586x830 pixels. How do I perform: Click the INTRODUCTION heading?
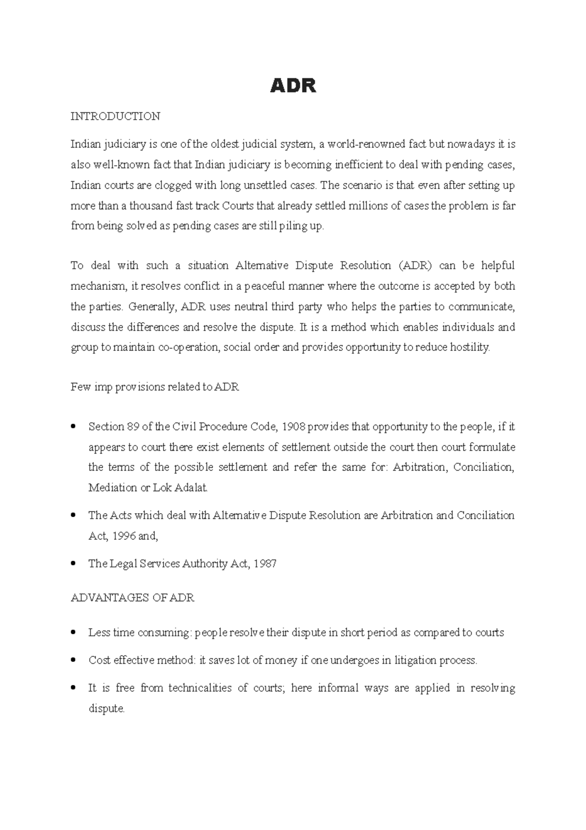[x=115, y=116]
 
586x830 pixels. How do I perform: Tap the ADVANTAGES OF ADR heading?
[x=132, y=598]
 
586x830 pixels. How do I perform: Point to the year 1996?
[x=124, y=536]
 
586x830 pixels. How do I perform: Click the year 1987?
[x=265, y=564]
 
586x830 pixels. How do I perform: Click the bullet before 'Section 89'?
[x=73, y=426]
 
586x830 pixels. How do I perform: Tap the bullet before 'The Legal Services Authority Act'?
[x=73, y=564]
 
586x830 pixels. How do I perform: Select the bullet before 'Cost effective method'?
[x=73, y=660]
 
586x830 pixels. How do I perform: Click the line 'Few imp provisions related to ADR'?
[x=155, y=387]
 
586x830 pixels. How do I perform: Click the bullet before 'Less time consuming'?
[x=73, y=633]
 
